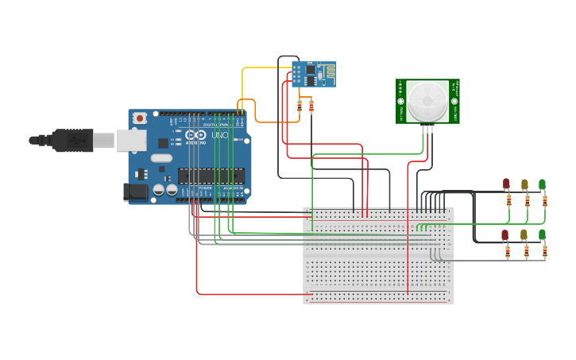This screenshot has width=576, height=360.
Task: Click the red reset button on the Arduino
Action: pos(140,118)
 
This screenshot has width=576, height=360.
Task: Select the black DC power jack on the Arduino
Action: pos(135,192)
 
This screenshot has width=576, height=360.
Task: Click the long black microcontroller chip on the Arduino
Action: pos(211,176)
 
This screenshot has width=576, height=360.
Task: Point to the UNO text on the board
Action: pos(219,136)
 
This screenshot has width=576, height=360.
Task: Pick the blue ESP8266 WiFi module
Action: pos(314,74)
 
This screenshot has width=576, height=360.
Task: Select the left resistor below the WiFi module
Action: pos(300,106)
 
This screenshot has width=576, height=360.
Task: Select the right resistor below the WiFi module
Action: pos(311,106)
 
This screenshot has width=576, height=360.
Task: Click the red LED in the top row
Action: pos(506,184)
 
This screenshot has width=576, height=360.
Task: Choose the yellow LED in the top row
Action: pos(524,184)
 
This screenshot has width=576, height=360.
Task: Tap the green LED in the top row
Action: pos(543,184)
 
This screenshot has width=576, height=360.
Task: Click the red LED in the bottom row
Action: pos(505,234)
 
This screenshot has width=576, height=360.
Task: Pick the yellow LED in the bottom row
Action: pos(524,234)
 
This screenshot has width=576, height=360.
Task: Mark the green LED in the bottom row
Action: pos(542,234)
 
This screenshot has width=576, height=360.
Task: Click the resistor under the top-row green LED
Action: pos(545,201)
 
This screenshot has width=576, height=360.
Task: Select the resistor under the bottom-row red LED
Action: pos(508,252)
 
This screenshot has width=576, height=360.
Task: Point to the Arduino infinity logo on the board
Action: pos(195,136)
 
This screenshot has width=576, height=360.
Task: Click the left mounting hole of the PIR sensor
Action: pos(401,102)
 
